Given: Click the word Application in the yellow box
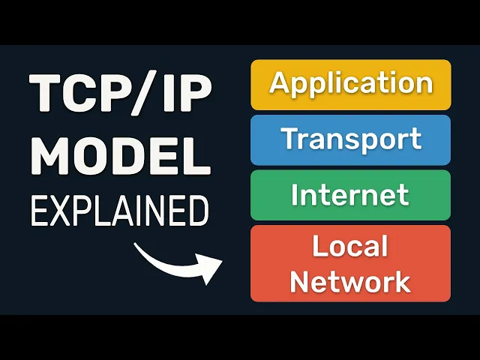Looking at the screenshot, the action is (351, 83).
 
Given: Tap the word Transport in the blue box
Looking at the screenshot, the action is (351, 139).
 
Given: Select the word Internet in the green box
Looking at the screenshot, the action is (351, 195).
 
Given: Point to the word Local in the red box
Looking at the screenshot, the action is (350, 246).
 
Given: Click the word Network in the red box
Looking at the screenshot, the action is (350, 282).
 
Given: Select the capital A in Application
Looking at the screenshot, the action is (280, 82).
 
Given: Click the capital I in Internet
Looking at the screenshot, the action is (295, 194).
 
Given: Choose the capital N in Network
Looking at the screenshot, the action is (300, 282).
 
